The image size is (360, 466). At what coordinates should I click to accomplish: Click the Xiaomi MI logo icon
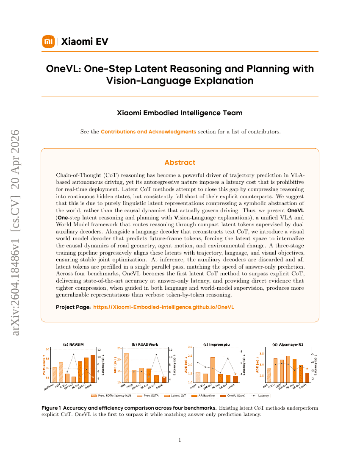[x=49, y=42]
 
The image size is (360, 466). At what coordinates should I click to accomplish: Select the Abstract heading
[x=180, y=162]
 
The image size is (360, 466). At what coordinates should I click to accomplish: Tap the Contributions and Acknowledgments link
[x=148, y=132]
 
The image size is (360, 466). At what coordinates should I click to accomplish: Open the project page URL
[x=163, y=307]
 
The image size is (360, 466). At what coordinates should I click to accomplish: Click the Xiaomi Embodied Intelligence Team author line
[x=180, y=113]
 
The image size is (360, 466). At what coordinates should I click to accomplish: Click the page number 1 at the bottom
[x=180, y=440]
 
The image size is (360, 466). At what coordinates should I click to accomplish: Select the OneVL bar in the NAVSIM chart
[x=93, y=369]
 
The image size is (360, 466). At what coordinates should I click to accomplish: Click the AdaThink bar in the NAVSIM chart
[x=54, y=374]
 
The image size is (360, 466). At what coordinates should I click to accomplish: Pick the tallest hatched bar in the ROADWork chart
[x=126, y=368]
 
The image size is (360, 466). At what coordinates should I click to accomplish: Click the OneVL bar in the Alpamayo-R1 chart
[x=307, y=377]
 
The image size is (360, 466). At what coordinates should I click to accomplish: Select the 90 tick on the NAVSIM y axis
[x=47, y=349]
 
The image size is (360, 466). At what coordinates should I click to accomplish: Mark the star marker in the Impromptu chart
[x=235, y=374]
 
